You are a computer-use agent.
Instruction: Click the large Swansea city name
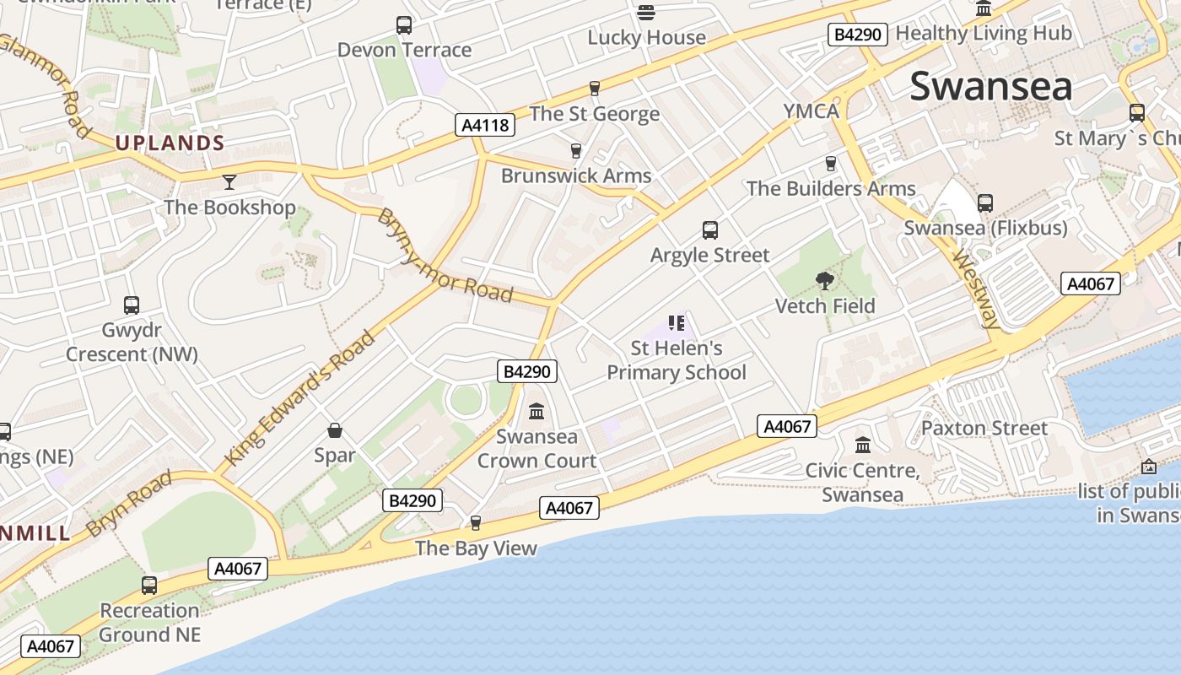pos(991,87)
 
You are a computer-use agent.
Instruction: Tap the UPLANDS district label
pos(170,143)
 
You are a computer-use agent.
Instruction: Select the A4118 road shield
pos(485,126)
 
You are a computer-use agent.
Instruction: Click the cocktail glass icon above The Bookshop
pos(229,181)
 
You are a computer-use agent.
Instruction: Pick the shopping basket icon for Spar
pos(335,430)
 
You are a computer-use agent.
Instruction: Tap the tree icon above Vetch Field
pos(825,280)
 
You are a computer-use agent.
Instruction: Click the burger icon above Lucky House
pos(646,12)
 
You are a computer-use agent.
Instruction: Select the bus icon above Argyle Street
pos(710,229)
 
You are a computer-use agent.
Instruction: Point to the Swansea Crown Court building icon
pos(537,412)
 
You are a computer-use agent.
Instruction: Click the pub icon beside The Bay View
pos(476,523)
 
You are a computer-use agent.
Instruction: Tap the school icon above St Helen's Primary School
pos(676,322)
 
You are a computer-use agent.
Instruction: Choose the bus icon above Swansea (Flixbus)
pos(985,203)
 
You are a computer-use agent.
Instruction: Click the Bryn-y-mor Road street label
pos(445,255)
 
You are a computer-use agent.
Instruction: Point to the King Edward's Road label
pos(300,398)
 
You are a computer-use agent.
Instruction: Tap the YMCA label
pos(811,111)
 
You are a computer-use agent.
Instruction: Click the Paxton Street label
pos(984,428)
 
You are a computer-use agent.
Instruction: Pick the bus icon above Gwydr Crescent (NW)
pos(132,305)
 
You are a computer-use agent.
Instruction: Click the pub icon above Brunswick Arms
pos(576,151)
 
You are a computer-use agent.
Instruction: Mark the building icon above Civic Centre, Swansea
pos(862,445)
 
